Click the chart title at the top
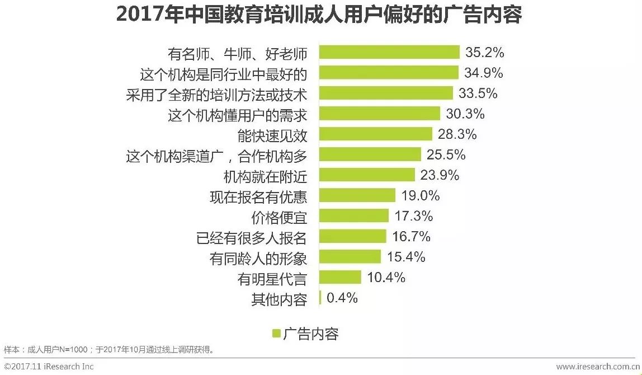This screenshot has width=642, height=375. coord(319,15)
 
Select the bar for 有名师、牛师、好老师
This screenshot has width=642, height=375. coord(389,53)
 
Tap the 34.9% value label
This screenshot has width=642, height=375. coord(484,73)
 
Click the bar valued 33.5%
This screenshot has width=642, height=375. coord(385,93)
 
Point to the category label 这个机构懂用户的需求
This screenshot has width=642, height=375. coord(238,114)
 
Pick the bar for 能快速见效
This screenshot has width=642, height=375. coord(375,134)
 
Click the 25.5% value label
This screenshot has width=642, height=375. coord(446,155)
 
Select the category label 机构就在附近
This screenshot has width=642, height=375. coord(265,176)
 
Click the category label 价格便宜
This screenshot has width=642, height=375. coord(279,217)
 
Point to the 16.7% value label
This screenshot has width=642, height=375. coord(411,237)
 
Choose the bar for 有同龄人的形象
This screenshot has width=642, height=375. coord(350,257)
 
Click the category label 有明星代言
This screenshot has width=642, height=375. coord(272,278)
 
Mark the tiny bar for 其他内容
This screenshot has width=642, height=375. coord(320,298)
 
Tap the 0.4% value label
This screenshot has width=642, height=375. coord(342,298)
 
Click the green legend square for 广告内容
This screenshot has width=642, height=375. coord(276,334)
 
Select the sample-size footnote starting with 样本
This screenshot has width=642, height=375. coord(109,350)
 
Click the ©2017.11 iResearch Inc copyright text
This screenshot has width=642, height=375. coord(49,367)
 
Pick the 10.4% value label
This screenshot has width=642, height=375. coord(386,278)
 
